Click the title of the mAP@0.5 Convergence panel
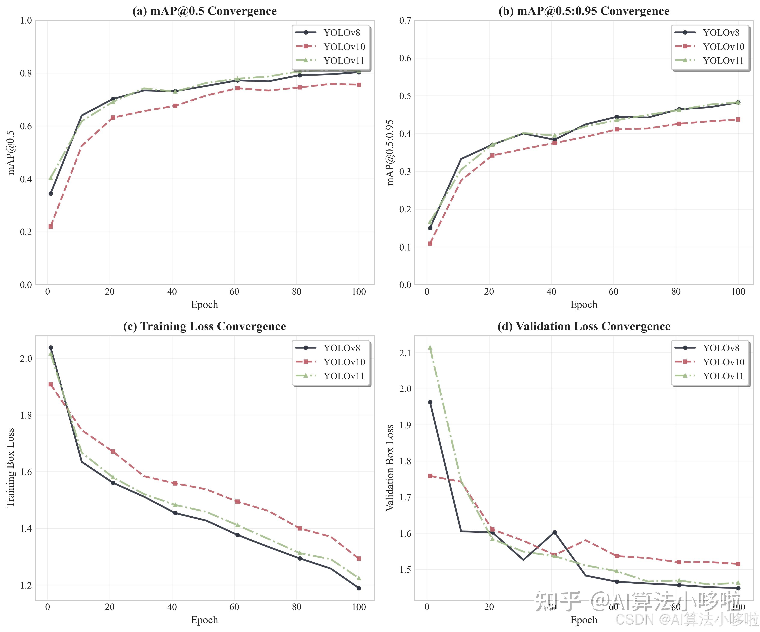(x=205, y=11)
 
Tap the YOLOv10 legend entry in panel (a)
(x=344, y=47)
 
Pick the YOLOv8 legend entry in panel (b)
(x=721, y=33)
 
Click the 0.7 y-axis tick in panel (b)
(x=405, y=21)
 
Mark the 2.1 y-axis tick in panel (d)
(x=405, y=353)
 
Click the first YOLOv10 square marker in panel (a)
(x=51, y=226)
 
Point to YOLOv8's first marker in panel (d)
(x=430, y=402)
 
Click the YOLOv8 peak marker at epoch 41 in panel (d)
(x=554, y=532)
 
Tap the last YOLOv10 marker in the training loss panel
(x=359, y=559)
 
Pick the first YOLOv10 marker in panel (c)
(x=51, y=384)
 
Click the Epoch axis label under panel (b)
(x=584, y=305)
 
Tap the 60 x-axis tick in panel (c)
(x=234, y=607)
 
